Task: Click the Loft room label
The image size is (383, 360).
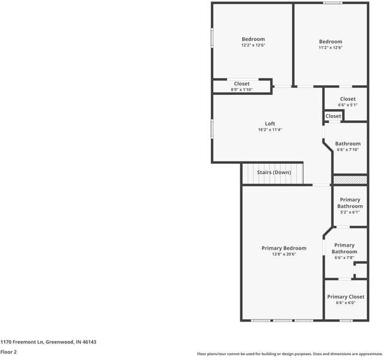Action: (270, 124)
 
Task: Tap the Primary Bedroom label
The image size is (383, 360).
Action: (284, 248)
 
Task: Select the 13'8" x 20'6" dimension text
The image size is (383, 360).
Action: (284, 254)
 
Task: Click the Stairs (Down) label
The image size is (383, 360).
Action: (274, 172)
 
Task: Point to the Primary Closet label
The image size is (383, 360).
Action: (345, 296)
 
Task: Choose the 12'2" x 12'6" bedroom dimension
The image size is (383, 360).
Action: (253, 45)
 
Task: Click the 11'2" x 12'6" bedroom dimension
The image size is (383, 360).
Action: (330, 48)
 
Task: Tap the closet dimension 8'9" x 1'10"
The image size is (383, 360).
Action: (242, 90)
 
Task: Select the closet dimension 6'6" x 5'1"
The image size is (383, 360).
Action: (348, 105)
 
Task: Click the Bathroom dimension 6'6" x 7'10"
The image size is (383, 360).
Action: (348, 150)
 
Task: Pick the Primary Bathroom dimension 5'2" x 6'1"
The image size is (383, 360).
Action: (349, 212)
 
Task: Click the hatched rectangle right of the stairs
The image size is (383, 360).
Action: (349, 179)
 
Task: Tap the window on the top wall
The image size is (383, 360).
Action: (333, 3)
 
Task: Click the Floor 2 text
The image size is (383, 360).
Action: (8, 352)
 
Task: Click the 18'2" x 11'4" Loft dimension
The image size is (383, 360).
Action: (270, 130)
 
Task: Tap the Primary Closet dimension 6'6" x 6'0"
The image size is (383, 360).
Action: (345, 303)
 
